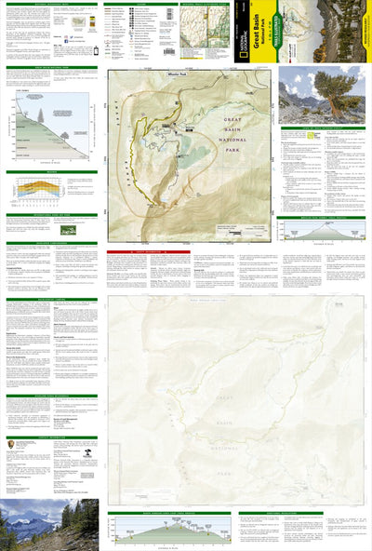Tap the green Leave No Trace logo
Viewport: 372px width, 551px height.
[x=70, y=229]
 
